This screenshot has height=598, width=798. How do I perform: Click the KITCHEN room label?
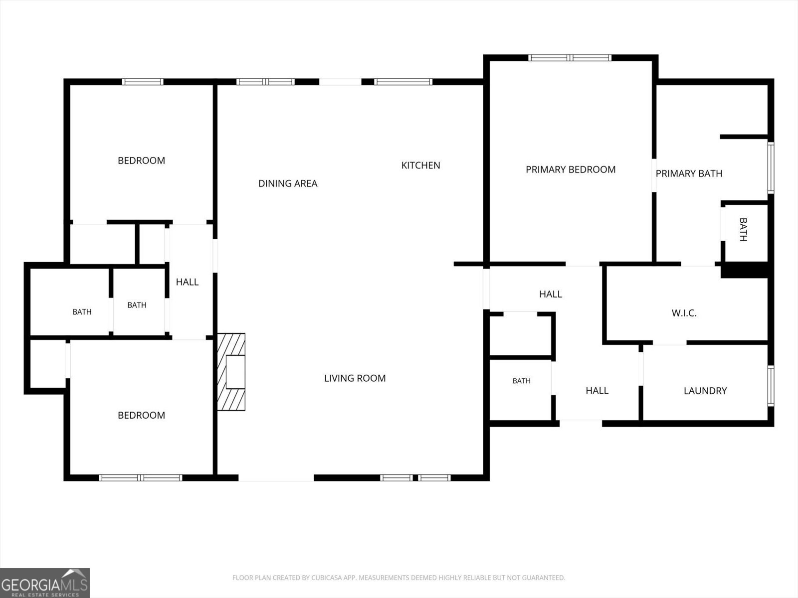click(420, 165)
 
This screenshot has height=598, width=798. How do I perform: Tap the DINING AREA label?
click(288, 184)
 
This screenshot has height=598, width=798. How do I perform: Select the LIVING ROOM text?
click(355, 378)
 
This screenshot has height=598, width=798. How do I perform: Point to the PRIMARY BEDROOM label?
click(571, 169)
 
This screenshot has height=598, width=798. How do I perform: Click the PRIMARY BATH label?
click(689, 173)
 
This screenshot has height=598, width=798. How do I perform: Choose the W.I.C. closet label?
click(684, 313)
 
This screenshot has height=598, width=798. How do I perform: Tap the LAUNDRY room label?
click(705, 391)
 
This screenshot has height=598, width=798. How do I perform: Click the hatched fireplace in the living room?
click(231, 372)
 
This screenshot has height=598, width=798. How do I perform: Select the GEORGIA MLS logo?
click(45, 583)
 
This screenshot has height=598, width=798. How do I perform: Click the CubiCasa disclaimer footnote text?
click(399, 578)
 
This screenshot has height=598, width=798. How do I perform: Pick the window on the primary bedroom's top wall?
click(570, 58)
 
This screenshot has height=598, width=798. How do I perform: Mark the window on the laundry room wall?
click(771, 386)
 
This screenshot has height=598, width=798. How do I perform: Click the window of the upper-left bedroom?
click(143, 82)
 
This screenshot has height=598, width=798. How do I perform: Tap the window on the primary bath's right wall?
click(771, 168)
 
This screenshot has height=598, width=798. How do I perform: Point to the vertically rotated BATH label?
click(744, 229)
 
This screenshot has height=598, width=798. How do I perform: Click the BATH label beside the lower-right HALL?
click(521, 381)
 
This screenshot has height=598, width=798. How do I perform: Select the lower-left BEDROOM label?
click(142, 416)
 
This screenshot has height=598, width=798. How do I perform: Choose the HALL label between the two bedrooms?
click(187, 282)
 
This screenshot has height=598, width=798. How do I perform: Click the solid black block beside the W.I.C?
click(745, 270)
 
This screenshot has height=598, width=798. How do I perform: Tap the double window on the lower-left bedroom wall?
click(141, 477)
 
